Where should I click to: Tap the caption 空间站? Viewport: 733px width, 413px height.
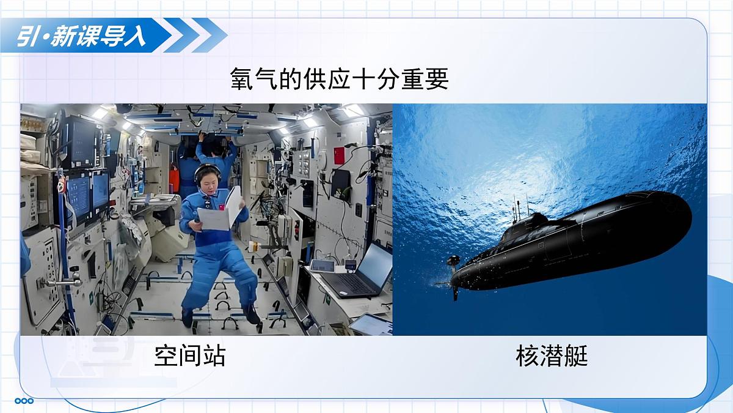(x=189, y=355)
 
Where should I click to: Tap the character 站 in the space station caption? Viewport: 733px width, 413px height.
(x=214, y=355)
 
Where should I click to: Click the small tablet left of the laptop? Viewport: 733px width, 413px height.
(x=322, y=266)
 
